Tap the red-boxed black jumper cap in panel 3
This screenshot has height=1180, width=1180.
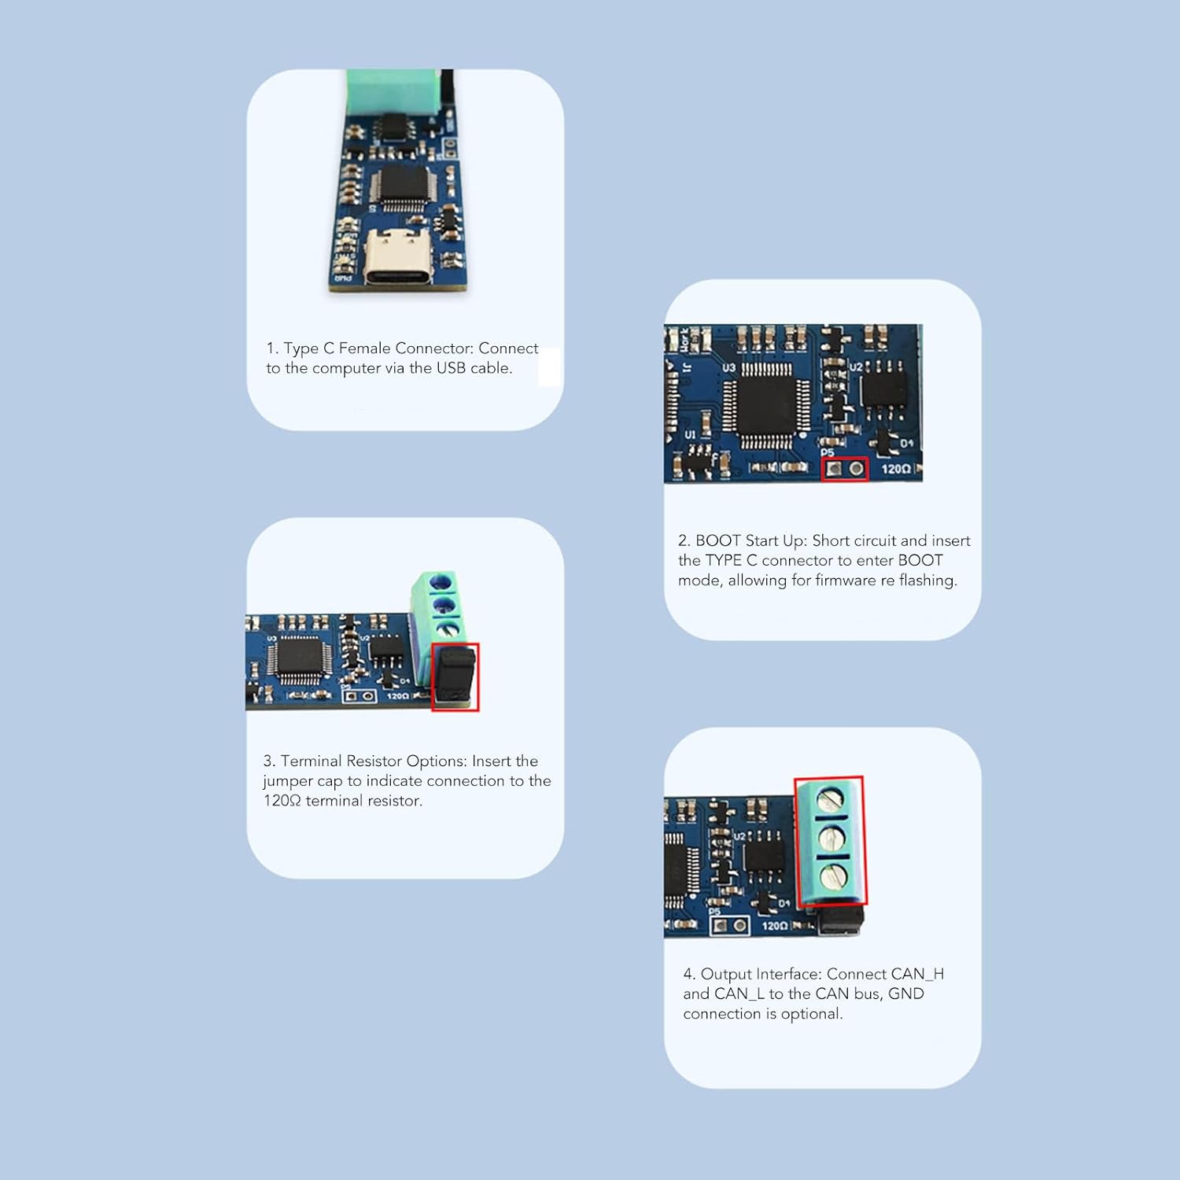point(455,676)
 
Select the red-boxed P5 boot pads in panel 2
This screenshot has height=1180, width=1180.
point(845,469)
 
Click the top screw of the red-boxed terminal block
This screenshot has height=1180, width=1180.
point(831,800)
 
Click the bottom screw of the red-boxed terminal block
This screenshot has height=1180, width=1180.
point(833,875)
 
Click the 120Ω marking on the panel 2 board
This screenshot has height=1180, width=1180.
point(895,469)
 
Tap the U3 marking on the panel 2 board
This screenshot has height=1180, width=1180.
point(728,367)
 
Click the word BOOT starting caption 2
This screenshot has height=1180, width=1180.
point(718,540)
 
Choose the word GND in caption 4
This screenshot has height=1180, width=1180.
point(905,994)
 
